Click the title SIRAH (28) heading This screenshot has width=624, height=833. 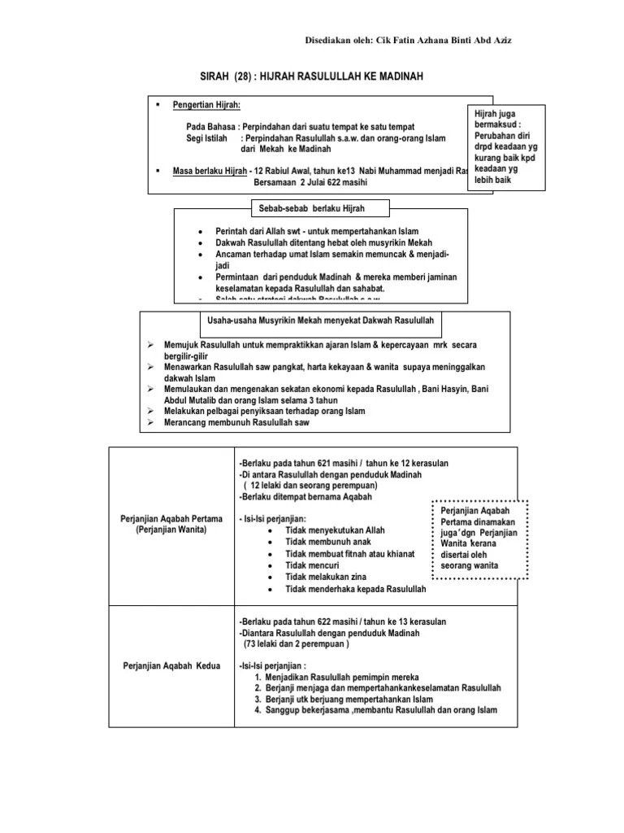312,76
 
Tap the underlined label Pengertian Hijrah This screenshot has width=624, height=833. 206,106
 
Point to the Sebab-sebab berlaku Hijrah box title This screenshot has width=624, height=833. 312,209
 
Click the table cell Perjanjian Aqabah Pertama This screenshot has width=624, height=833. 171,524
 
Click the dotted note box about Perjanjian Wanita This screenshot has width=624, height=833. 479,537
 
